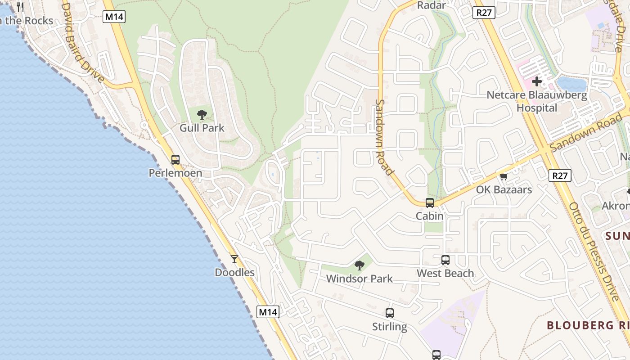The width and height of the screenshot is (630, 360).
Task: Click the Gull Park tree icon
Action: tap(202, 114)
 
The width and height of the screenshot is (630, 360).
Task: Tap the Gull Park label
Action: tap(202, 128)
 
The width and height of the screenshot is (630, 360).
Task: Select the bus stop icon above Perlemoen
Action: tap(175, 159)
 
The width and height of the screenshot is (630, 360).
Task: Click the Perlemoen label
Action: tap(175, 173)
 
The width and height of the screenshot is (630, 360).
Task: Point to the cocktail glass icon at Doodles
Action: tap(234, 259)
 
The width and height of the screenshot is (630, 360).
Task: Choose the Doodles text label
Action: tap(234, 273)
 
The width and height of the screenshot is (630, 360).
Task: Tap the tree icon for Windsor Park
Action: tap(359, 265)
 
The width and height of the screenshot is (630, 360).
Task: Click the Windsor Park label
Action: tap(359, 279)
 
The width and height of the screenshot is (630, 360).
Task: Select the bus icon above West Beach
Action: tap(445, 260)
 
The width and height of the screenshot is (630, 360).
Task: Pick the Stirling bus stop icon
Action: tap(390, 313)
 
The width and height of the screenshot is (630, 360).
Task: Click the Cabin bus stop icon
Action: tap(430, 202)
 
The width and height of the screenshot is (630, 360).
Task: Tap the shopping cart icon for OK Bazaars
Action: tap(504, 176)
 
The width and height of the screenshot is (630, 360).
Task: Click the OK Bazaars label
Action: tap(504, 189)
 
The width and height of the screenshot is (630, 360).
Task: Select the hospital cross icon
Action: tap(537, 82)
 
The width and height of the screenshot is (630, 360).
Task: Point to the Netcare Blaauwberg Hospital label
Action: tap(537, 102)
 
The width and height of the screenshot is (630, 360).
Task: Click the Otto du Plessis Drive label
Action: tap(594, 252)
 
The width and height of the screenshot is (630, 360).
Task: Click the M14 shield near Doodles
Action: tap(268, 312)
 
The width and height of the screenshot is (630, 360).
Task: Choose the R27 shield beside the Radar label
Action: tap(484, 13)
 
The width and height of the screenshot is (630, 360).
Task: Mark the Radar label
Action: tap(431, 5)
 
